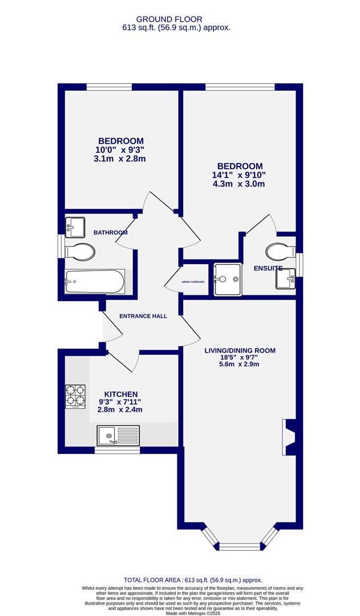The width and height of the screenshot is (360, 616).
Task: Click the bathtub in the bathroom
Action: coord(95,281)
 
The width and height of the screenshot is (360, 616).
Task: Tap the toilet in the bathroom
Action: coord(80,251)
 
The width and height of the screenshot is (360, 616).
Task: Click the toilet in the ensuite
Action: coord(280,250)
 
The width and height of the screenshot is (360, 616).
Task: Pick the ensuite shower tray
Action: coord(227,279)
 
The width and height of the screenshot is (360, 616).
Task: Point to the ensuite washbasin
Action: coord(285,278)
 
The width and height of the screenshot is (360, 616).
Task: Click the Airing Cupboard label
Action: coord(193,282)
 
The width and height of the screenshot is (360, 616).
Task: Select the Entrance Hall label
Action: coord(143,316)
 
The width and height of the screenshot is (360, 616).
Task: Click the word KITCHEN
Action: coord(121,394)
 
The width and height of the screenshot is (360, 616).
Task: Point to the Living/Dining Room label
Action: coord(240,351)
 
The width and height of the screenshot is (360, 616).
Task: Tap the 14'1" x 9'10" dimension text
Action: coord(239,175)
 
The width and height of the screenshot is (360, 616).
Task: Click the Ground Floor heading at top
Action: coord(178,19)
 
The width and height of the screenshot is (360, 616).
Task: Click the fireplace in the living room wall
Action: coord(289,437)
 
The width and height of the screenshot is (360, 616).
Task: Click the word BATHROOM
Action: coord(111,233)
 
